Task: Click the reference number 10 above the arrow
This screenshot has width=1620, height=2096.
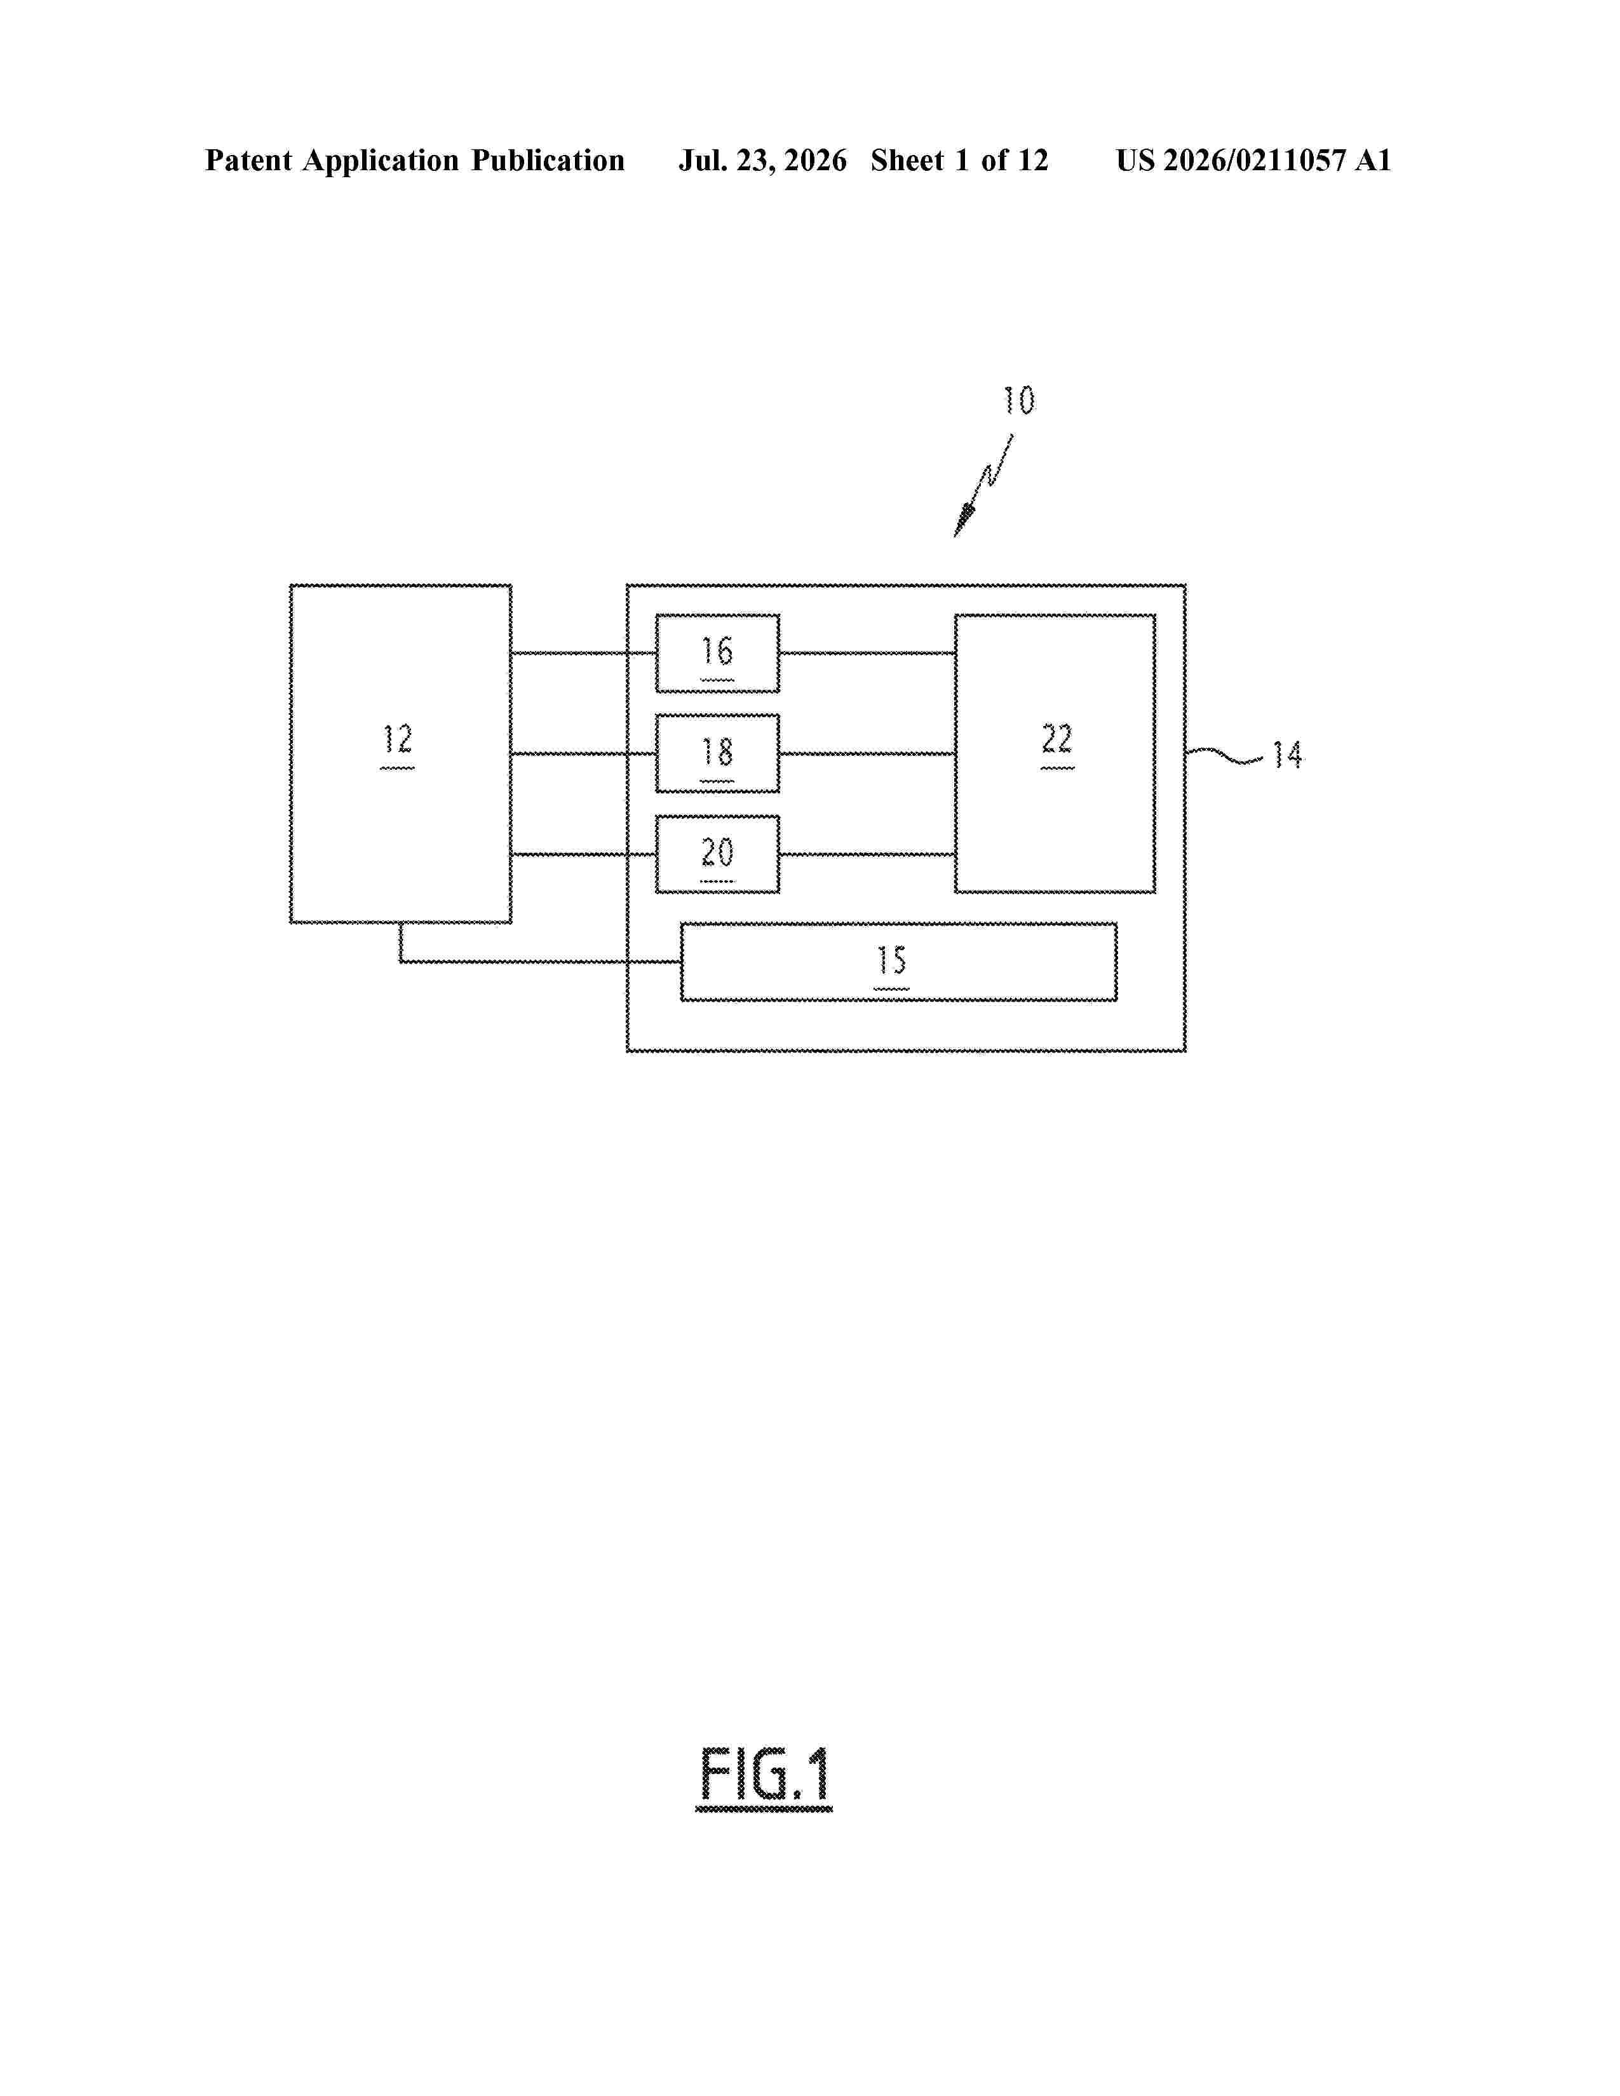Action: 1019,400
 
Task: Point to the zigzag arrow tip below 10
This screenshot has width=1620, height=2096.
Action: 956,535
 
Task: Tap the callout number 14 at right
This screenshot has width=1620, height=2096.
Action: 1288,755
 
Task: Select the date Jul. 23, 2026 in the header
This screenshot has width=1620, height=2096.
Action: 763,160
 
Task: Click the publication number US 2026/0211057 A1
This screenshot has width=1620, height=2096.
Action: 1253,160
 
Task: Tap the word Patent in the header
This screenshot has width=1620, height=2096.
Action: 248,160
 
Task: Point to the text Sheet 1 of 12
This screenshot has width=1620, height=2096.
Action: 960,160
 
